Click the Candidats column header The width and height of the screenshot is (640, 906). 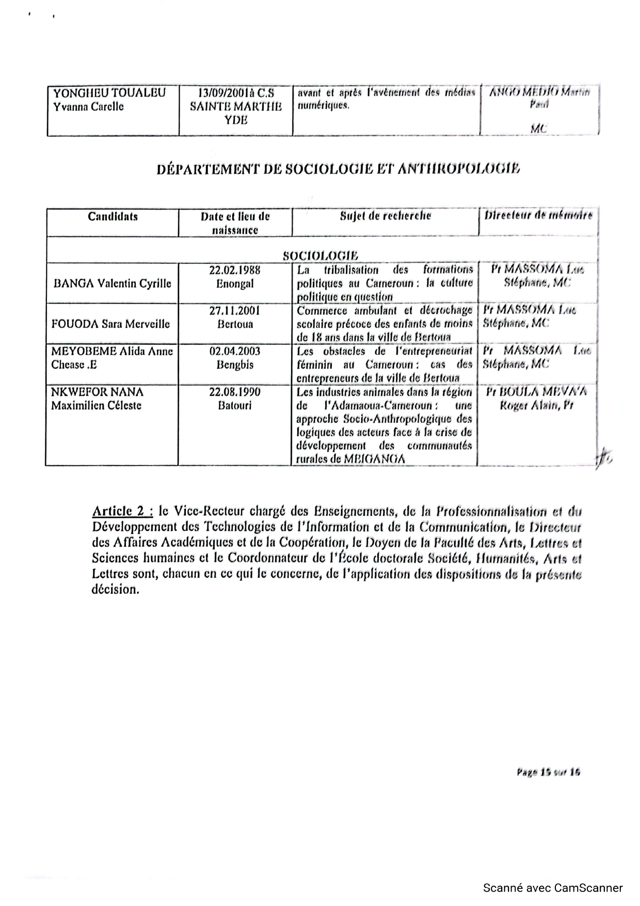point(113,216)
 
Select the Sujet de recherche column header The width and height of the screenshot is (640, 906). point(385,216)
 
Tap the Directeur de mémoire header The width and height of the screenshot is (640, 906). point(538,215)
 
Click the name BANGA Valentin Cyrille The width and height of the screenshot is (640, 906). point(113,283)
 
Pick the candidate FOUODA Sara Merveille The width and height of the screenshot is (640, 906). point(110,324)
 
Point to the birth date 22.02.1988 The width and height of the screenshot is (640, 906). point(235,270)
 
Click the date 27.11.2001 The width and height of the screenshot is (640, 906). point(235,311)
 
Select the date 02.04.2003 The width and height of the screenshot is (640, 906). point(235,352)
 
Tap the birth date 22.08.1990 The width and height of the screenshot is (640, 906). point(235,392)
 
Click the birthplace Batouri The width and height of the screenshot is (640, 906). point(235,405)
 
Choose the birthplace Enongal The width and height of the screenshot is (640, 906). point(235,283)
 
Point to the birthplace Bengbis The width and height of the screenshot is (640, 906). point(235,365)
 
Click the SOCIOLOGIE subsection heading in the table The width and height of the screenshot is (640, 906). point(321,256)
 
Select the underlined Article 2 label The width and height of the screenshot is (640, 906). point(122,512)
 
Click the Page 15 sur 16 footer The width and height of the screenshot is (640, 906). point(548,772)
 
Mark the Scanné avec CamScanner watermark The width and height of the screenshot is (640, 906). point(553,888)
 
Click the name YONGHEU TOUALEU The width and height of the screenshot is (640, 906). point(109,93)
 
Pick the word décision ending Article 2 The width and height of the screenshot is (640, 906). point(115,589)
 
